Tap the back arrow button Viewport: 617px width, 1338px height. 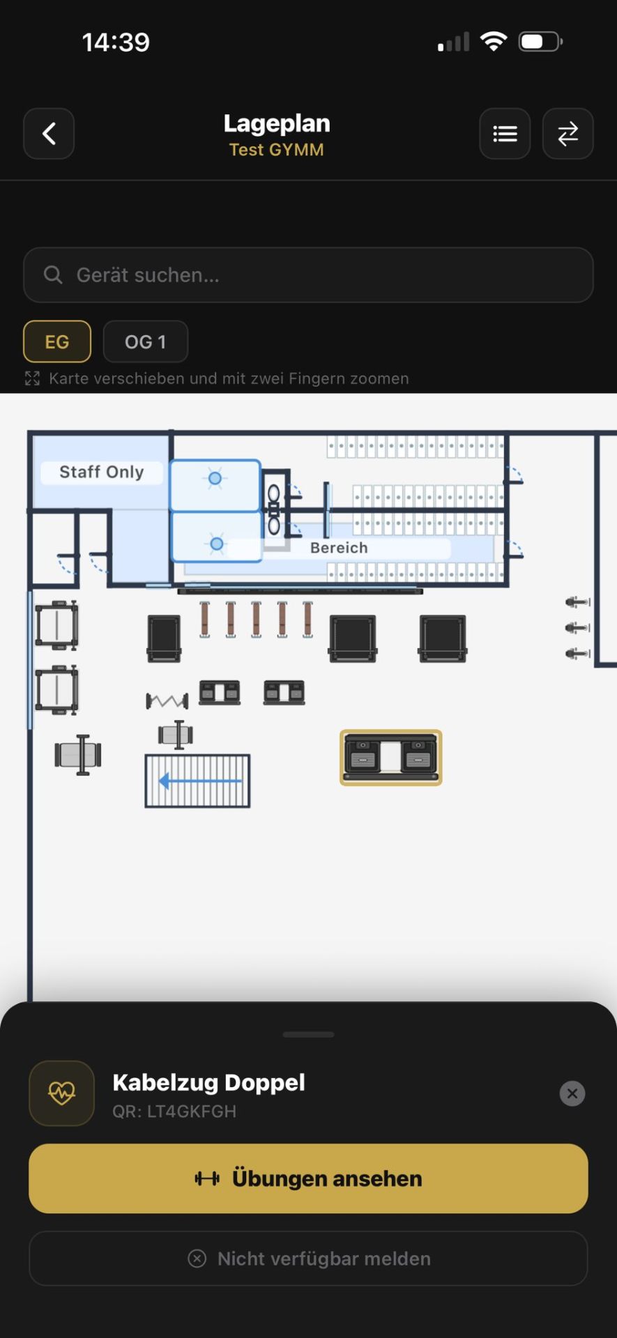[49, 134]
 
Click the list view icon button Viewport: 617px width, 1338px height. [505, 134]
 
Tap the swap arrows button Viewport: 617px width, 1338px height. [568, 134]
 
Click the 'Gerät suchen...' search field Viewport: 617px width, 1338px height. [308, 275]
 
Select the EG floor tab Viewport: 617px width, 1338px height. [57, 341]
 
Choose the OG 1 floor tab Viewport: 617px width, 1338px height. [146, 341]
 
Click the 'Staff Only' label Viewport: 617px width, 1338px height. [102, 472]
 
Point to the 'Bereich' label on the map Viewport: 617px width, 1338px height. [339, 548]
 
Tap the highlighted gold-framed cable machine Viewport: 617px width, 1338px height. [391, 758]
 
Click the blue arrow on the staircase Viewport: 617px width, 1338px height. [200, 781]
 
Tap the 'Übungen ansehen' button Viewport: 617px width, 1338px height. [308, 1178]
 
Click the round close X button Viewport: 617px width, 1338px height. [572, 1093]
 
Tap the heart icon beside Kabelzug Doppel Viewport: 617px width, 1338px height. [61, 1093]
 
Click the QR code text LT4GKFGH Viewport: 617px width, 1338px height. [174, 1112]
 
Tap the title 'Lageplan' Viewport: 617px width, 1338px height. [277, 123]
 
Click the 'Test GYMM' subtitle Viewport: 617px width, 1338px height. [277, 150]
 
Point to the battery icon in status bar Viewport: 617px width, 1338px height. [541, 42]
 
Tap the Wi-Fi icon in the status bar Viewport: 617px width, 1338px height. [494, 42]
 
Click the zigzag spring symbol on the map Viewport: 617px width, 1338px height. [167, 700]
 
